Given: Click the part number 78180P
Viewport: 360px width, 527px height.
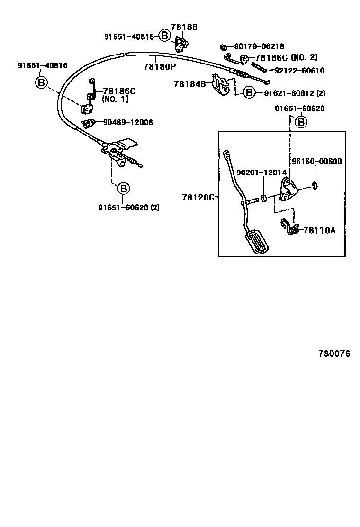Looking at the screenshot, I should coord(160,67).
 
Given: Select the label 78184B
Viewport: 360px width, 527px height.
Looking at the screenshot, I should coord(189,84).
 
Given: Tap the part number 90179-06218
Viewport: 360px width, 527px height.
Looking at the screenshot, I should coord(259,46).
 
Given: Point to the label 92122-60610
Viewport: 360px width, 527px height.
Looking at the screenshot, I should coord(299,71).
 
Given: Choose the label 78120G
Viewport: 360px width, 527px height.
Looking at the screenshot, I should coord(198,197).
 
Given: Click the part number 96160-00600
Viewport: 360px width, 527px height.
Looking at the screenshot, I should coord(316,161).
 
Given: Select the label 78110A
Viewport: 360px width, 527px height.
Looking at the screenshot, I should coord(319,230).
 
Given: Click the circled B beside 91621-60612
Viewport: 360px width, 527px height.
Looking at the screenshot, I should coord(250,92).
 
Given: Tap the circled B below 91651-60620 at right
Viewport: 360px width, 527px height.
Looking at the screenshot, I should coord(301,122).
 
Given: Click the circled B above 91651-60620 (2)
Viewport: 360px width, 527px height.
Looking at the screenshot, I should coord(123,189).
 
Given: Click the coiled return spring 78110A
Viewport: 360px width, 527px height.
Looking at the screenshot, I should coord(290,227).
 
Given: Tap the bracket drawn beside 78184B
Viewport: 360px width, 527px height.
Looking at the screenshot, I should coord(220,85).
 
